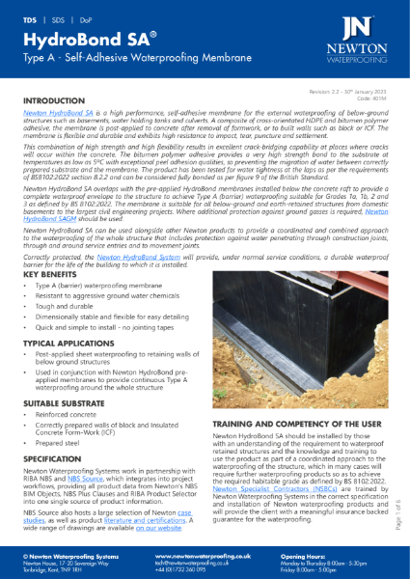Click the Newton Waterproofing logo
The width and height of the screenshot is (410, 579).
[362, 36]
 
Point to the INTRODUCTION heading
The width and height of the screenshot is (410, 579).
[60, 100]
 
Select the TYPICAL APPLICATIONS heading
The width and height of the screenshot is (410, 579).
[69, 344]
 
